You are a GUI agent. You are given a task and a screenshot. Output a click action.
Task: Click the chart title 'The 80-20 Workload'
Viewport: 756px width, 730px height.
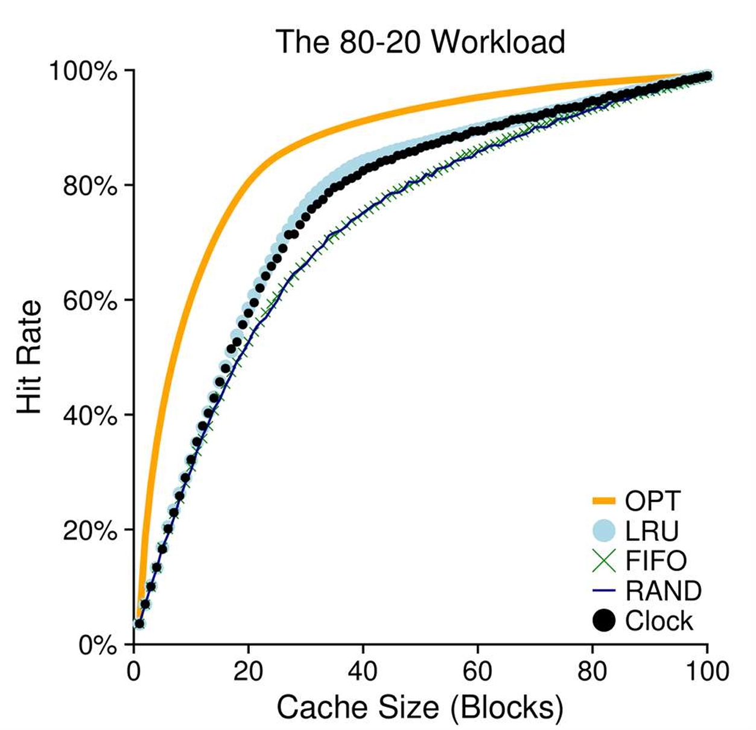pos(420,42)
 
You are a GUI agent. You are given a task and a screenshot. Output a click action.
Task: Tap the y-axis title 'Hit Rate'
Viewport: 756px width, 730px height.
pos(30,357)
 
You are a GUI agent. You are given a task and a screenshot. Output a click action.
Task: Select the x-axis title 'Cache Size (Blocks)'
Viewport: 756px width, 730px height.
pos(420,707)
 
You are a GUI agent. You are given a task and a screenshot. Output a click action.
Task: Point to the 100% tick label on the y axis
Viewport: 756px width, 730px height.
pos(83,71)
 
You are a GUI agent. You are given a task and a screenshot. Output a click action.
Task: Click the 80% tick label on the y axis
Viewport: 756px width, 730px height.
pos(90,186)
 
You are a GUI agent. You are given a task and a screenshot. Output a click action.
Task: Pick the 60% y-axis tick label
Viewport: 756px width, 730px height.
pos(90,301)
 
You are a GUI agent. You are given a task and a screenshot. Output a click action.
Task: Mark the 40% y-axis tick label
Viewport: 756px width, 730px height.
pos(90,415)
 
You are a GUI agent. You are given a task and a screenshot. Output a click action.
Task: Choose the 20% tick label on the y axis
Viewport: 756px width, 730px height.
pos(90,530)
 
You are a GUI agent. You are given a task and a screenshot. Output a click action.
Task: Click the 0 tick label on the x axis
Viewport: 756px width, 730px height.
pos(133,671)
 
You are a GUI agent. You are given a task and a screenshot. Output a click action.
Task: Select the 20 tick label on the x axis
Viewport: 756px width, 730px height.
pos(248,671)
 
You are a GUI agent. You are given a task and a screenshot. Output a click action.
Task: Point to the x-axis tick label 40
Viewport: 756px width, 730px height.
pos(363,671)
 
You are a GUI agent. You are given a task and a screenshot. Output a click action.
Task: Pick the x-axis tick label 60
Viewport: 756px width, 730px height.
pos(477,671)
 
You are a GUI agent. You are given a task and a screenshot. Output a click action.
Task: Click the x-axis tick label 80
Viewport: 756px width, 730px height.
pos(592,671)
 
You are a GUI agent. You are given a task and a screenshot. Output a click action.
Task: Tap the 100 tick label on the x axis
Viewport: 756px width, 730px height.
pos(707,671)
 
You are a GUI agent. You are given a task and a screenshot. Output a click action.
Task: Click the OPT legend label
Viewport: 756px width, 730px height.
pos(652,501)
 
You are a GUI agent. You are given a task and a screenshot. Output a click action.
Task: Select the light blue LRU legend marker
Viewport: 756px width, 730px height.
pos(603,531)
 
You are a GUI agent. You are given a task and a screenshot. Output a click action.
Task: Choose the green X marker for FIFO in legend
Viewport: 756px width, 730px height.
pos(603,561)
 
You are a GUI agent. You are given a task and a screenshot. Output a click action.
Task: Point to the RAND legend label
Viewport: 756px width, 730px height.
pos(663,591)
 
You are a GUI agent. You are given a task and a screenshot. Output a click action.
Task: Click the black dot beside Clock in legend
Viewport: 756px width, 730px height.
pos(603,621)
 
